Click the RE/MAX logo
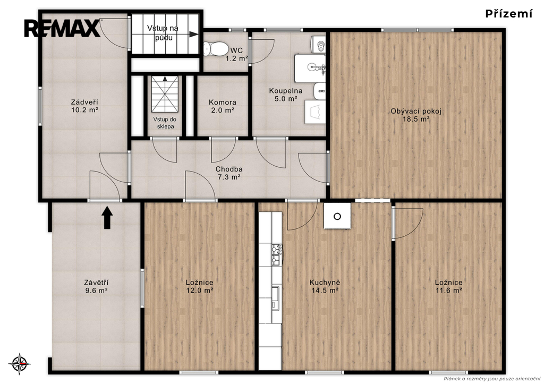(62, 29)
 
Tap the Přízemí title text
(508, 13)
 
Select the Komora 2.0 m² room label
(223, 107)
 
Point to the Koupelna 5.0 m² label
(285, 95)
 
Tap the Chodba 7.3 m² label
(229, 173)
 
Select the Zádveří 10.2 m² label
(84, 106)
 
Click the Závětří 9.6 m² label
(96, 287)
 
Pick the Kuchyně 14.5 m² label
(325, 286)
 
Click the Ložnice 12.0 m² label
(200, 286)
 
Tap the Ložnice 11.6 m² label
(448, 286)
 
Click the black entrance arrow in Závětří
(107, 218)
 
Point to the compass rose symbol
(20, 364)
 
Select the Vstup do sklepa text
(165, 123)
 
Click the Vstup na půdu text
(163, 32)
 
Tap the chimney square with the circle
(337, 216)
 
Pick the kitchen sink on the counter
(276, 298)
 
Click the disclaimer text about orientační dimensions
(492, 379)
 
